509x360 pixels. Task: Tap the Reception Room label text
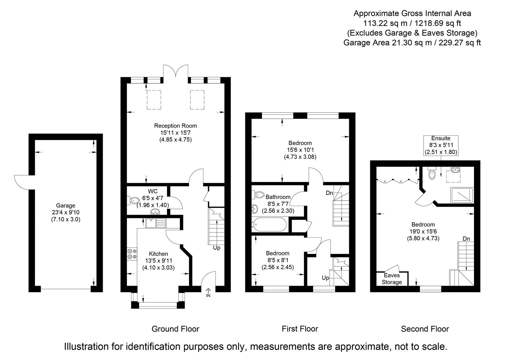pyautogui.click(x=175, y=126)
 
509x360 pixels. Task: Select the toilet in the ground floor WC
pyautogui.click(x=133, y=200)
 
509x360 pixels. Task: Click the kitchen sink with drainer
pyautogui.click(x=156, y=223)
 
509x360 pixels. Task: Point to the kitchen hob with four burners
pyautogui.click(x=132, y=254)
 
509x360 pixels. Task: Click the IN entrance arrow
pyautogui.click(x=208, y=292)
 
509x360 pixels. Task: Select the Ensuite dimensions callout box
pyautogui.click(x=441, y=145)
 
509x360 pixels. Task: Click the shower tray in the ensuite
pyautogui.click(x=462, y=195)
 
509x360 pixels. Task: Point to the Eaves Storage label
pyautogui.click(x=392, y=279)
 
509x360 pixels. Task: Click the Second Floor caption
pyautogui.click(x=425, y=329)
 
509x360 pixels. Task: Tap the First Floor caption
pyautogui.click(x=300, y=329)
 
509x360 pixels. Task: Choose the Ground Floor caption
pyautogui.click(x=175, y=329)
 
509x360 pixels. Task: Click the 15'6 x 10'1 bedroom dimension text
pyautogui.click(x=300, y=150)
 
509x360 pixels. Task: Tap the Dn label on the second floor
pyautogui.click(x=466, y=239)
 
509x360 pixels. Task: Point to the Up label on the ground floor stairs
pyautogui.click(x=216, y=248)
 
